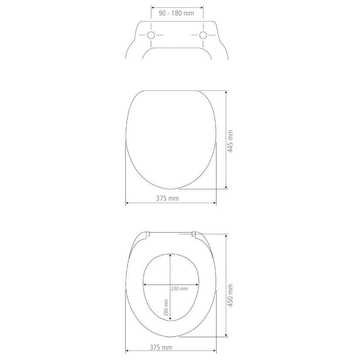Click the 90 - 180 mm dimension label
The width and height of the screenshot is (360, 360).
click(x=177, y=13)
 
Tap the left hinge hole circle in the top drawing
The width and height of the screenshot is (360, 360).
click(x=151, y=35)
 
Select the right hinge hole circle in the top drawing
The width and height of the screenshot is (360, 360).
click(x=203, y=35)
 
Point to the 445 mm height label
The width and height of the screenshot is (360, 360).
click(x=231, y=141)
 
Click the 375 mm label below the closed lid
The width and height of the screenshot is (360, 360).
click(x=167, y=198)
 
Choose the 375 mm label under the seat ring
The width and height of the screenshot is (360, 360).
click(x=161, y=347)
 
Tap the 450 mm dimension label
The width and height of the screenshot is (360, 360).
click(x=231, y=295)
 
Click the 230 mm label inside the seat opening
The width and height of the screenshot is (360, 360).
click(x=179, y=289)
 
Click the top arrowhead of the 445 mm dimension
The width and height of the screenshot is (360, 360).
click(x=226, y=92)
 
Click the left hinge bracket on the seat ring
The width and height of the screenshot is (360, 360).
click(x=148, y=235)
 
